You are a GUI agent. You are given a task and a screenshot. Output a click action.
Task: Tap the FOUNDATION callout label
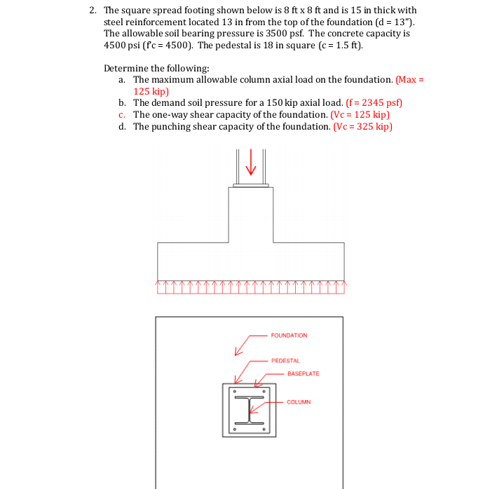click(x=289, y=336)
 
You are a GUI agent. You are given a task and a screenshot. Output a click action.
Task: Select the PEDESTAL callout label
click(x=285, y=361)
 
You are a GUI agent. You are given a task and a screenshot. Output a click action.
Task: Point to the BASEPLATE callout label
click(x=303, y=373)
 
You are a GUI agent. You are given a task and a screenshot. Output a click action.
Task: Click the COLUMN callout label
click(x=299, y=402)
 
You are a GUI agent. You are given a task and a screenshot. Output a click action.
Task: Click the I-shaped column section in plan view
click(x=249, y=410)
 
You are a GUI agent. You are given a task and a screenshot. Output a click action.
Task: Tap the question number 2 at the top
click(x=93, y=11)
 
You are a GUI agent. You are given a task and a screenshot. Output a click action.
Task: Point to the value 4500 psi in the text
click(x=120, y=46)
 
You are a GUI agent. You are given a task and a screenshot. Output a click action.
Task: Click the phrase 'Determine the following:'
click(x=147, y=68)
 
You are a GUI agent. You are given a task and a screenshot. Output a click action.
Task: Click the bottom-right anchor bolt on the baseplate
click(x=264, y=429)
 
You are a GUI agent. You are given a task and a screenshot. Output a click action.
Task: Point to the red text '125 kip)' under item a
click(x=151, y=91)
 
